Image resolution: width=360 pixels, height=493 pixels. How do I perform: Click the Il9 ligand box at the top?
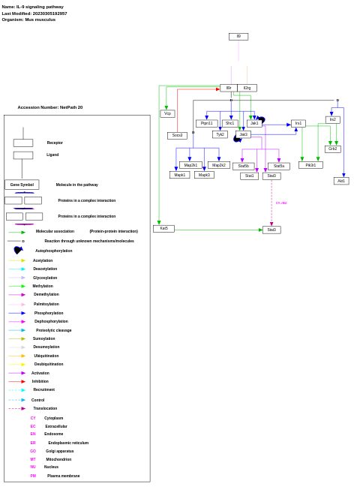coord(238,36)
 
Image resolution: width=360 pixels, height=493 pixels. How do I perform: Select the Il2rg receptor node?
coord(247,88)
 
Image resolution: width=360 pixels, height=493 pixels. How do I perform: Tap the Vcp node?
coord(167,114)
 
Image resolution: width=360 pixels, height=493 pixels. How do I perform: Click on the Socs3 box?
coord(177,136)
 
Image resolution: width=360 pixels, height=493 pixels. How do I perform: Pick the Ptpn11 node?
coord(206,123)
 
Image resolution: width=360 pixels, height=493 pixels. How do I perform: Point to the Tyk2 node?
coord(220,134)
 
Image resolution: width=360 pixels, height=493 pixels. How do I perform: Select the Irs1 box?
coord(298,123)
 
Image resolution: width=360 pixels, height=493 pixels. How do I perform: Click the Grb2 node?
coord(332,149)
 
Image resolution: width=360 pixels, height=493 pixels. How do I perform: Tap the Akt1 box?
coord(341,181)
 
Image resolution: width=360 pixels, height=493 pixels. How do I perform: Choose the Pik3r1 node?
coord(310,165)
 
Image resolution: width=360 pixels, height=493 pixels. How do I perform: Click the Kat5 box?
coord(163,228)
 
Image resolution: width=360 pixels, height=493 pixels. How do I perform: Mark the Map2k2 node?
coord(218,165)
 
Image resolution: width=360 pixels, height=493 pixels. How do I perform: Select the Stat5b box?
coord(243,166)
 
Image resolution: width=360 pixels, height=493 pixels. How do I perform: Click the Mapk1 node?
coord(179,175)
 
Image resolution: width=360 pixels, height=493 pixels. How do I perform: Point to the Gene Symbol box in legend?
coord(22,185)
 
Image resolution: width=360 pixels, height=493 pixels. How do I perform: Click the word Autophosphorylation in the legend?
coord(54,251)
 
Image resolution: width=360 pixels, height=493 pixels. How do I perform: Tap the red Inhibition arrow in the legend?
coord(17,381)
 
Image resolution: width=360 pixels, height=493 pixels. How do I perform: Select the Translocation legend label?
coord(45,408)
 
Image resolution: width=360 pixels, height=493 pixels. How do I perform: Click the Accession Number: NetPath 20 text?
coord(50,107)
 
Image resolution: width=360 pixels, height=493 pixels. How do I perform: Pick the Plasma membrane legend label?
coord(63,476)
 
